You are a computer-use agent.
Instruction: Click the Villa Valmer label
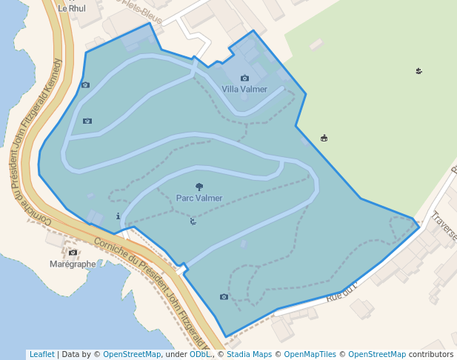244,89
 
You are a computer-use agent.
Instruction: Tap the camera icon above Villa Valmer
244,78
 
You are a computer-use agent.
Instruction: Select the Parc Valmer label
199,198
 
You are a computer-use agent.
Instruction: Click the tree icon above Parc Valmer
199,187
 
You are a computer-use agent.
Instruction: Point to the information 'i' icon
119,216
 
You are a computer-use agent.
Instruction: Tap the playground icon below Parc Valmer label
193,221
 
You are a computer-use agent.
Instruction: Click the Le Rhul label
72,9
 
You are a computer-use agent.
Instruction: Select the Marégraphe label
73,264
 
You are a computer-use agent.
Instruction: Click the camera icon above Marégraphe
73,253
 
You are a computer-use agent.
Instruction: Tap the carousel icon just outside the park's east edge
324,138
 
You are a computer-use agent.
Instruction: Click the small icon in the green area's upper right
418,71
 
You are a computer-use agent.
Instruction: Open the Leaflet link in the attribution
41,354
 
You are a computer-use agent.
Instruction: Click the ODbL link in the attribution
200,354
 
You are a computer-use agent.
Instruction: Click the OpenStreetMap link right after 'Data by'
132,354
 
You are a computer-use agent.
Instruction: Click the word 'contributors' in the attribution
431,354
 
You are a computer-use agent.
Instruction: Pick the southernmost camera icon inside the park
224,297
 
